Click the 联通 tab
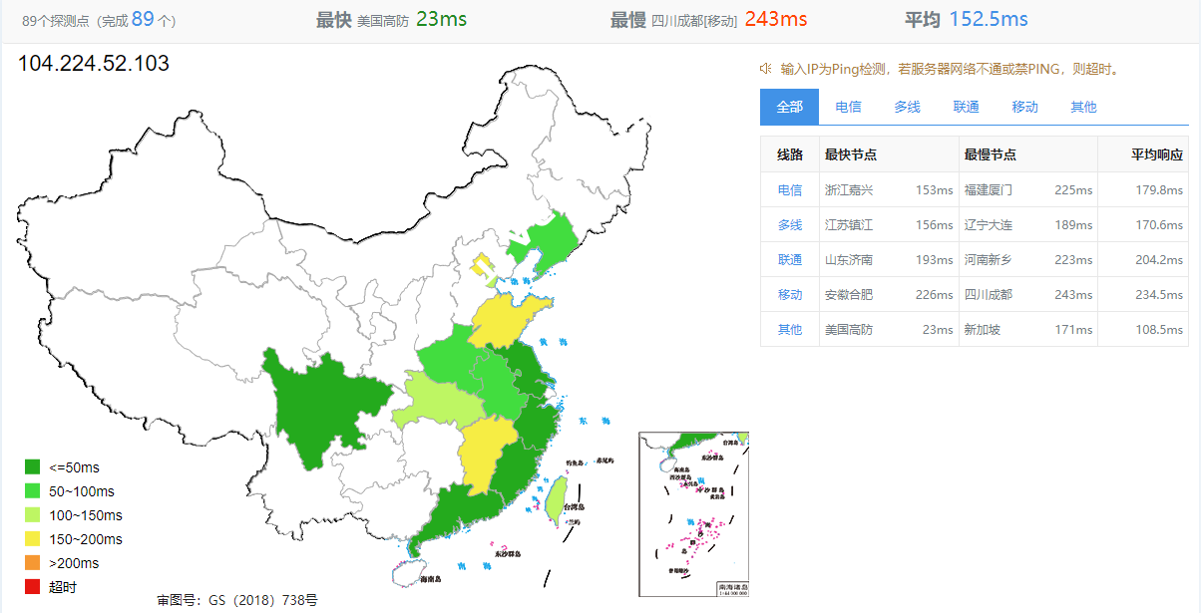coord(966,107)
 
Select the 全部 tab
coord(789,107)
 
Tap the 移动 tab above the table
coord(1024,107)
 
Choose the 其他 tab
coord(1083,107)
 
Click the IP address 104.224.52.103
coord(94,64)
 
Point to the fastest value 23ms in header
coord(441,19)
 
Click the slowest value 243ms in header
coord(775,19)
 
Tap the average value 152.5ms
coord(988,19)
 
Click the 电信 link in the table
coord(789,189)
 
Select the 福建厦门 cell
coord(988,189)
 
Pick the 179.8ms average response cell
coord(1158,189)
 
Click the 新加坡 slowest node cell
coord(982,329)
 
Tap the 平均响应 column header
coord(1156,154)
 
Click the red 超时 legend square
coord(33,587)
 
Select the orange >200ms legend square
coord(33,563)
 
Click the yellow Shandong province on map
coord(509,319)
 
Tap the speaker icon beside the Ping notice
coord(765,68)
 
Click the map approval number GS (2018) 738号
coord(236,600)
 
